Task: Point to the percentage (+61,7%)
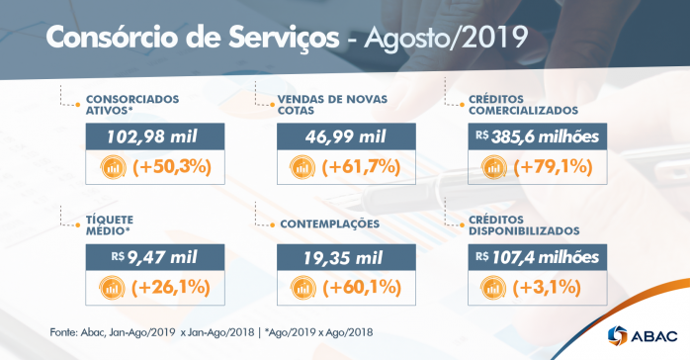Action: (x=362, y=167)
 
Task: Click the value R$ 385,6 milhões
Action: (x=537, y=136)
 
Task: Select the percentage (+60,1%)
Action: (x=362, y=288)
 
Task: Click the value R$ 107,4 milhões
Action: (x=537, y=258)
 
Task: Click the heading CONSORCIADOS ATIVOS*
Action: (x=132, y=105)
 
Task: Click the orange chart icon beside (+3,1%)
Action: (x=493, y=288)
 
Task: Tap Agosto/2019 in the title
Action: (x=444, y=37)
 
